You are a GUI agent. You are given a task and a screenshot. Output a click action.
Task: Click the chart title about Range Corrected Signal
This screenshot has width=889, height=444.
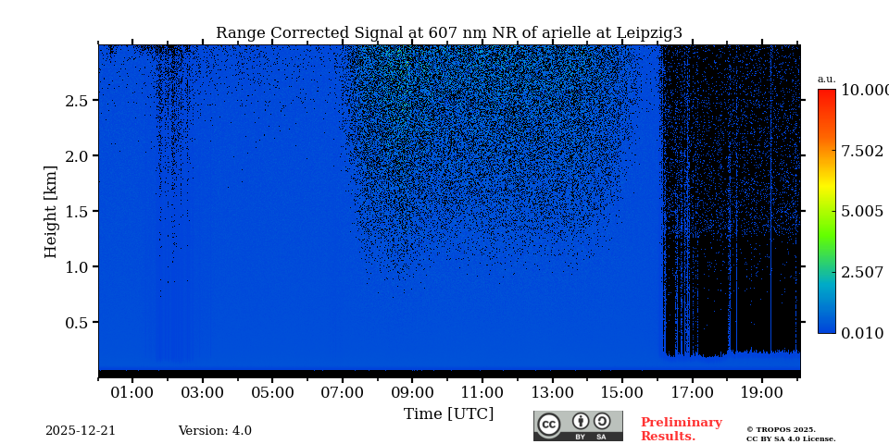tap(449, 33)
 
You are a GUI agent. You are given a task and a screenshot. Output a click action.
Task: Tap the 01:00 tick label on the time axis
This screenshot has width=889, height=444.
tap(132, 392)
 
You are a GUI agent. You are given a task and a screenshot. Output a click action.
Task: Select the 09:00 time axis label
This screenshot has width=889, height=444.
tap(412, 392)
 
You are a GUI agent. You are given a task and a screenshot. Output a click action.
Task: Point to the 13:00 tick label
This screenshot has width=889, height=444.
tap(552, 392)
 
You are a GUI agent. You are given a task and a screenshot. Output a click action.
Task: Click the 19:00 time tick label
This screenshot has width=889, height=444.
tap(762, 392)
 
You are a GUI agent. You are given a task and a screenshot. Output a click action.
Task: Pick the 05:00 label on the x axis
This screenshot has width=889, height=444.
tap(272, 392)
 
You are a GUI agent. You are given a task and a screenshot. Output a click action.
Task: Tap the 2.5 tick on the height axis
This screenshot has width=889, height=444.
tap(76, 101)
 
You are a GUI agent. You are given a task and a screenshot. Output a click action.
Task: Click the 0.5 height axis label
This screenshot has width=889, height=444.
tap(76, 323)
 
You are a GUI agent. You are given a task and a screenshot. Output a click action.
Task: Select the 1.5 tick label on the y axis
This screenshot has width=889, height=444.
tap(76, 212)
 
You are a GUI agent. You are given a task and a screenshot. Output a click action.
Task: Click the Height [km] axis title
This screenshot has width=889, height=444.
tap(51, 212)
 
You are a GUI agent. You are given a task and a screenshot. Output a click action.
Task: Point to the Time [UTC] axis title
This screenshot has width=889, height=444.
tap(448, 413)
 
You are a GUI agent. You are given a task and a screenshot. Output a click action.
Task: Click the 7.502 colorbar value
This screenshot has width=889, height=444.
tap(861, 151)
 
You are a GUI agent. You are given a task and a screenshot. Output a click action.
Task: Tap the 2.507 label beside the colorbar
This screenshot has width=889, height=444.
tap(861, 272)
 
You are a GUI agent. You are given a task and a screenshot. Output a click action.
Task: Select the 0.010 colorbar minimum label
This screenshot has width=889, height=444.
tap(861, 333)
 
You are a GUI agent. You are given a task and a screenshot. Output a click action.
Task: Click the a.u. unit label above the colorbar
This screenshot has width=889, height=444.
tap(826, 80)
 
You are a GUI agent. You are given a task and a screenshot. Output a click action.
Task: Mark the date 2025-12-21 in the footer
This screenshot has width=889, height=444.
tap(81, 431)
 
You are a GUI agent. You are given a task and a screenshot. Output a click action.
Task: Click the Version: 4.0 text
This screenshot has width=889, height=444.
tap(215, 431)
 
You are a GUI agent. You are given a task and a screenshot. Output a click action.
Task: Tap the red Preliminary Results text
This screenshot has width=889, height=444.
tap(681, 429)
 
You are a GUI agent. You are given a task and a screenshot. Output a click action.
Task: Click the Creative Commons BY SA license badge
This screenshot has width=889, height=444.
tap(578, 425)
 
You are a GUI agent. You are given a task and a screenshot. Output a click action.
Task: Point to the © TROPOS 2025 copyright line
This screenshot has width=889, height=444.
tap(781, 429)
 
